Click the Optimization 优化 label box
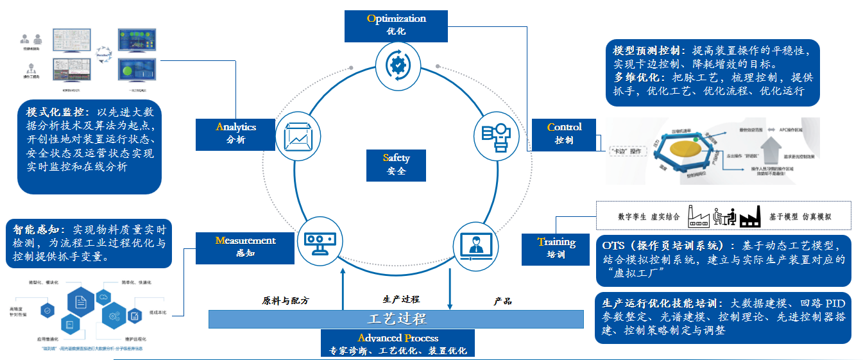[397, 24]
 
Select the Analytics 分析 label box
[235, 133]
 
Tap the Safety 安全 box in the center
[396, 164]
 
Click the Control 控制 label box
[564, 133]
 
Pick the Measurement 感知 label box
[246, 247]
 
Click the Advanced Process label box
[398, 344]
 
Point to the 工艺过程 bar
[396, 319]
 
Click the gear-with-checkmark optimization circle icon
[398, 64]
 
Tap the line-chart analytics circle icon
[297, 135]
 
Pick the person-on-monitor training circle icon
[475, 244]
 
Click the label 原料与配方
[286, 300]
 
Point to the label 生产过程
[401, 299]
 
